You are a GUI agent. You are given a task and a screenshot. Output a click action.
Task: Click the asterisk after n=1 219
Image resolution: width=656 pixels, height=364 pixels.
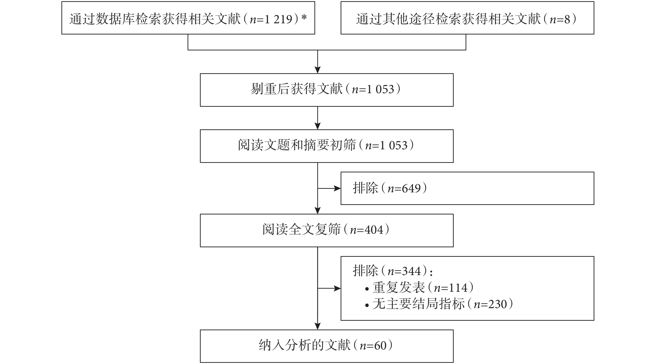click(x=304, y=18)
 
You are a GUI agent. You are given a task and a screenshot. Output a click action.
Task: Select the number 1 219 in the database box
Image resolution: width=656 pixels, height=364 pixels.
click(x=278, y=19)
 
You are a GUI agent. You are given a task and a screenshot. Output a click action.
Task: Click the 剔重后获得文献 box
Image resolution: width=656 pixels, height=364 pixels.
click(x=327, y=90)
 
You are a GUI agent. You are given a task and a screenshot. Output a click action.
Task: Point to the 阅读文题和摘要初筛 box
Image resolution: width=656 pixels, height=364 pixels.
click(x=327, y=146)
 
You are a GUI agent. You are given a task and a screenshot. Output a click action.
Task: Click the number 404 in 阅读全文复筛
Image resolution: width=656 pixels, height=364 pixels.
click(x=374, y=230)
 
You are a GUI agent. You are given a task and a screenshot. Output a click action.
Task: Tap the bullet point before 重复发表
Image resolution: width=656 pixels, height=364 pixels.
click(x=367, y=289)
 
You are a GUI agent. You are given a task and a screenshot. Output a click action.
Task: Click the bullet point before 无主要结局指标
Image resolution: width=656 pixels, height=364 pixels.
click(x=367, y=306)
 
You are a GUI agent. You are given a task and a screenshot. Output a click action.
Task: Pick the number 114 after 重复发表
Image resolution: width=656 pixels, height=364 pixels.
click(x=458, y=288)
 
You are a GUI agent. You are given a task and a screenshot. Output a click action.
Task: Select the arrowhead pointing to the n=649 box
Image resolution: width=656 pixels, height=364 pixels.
click(x=338, y=189)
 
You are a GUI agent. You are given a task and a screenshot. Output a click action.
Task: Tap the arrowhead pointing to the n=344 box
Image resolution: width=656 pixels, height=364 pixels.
click(x=338, y=288)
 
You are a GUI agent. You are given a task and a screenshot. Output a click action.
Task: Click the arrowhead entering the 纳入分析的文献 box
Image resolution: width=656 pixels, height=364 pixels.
click(x=318, y=326)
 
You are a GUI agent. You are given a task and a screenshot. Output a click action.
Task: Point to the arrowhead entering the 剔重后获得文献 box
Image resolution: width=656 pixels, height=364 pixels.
click(x=318, y=70)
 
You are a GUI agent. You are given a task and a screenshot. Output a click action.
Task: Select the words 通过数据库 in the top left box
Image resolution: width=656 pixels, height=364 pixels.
click(x=102, y=19)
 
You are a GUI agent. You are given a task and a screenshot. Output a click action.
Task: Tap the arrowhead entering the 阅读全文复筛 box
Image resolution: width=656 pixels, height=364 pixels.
click(x=318, y=211)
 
